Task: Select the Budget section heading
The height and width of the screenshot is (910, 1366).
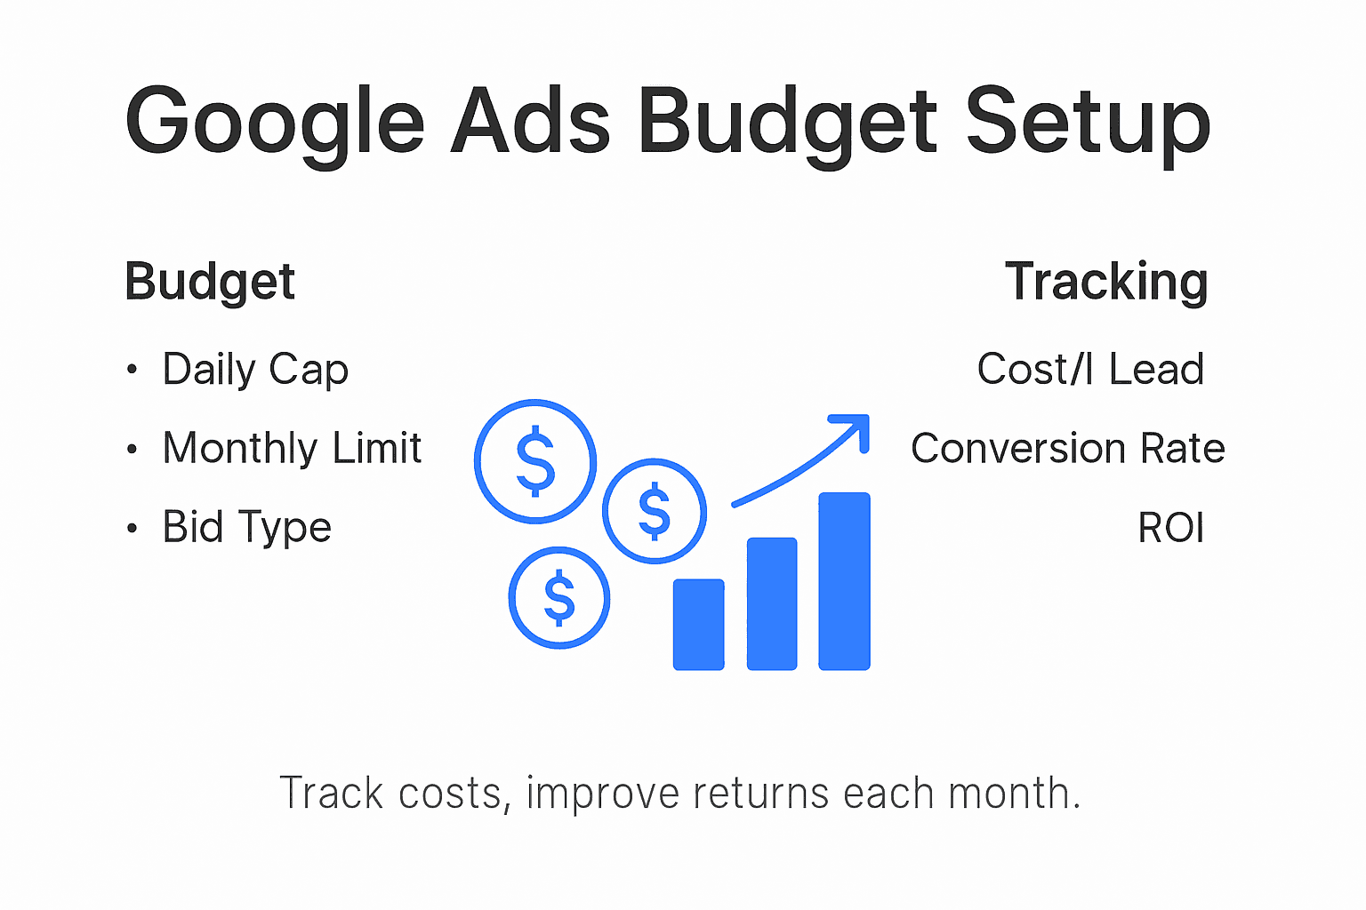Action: point(210,283)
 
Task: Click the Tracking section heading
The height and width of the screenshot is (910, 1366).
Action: point(1106,283)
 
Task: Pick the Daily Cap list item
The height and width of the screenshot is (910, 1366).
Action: point(255,370)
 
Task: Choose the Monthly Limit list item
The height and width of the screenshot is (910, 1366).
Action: point(292,448)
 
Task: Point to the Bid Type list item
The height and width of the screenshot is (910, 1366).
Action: point(246,527)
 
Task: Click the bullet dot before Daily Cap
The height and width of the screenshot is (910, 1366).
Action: point(132,370)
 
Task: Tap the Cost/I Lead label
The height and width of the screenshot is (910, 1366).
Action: point(1090,370)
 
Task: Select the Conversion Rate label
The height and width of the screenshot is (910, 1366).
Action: point(1067,448)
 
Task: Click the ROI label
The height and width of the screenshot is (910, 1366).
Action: point(1170,528)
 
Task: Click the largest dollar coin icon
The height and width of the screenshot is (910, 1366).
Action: point(535,461)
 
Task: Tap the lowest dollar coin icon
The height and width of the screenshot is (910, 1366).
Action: point(559,597)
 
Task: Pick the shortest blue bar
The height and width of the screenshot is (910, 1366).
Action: point(698,624)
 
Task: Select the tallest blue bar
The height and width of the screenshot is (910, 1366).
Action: point(844,580)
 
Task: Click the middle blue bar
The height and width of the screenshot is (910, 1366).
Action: point(772,603)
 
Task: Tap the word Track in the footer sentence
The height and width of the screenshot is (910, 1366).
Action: point(332,793)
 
